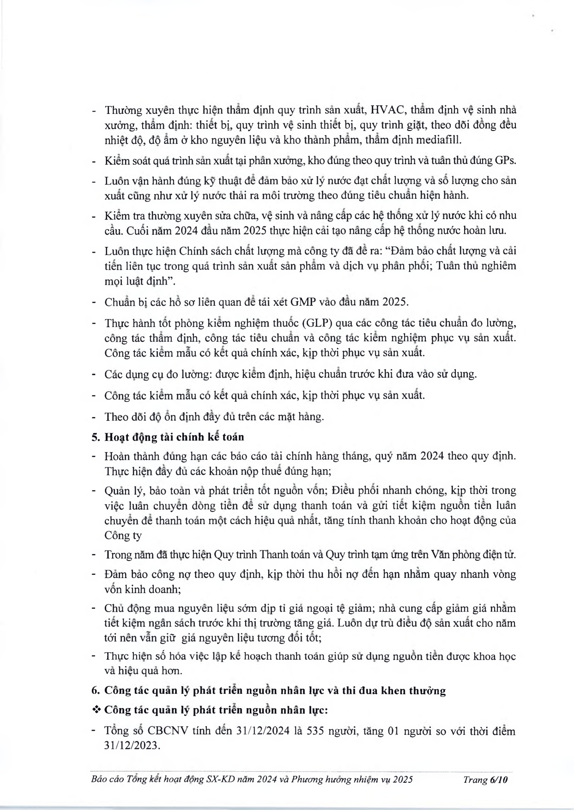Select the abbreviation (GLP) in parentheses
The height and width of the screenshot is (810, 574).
tap(314, 323)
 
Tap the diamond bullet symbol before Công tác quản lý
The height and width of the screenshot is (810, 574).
tap(97, 710)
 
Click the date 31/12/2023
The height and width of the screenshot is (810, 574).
tap(132, 746)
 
